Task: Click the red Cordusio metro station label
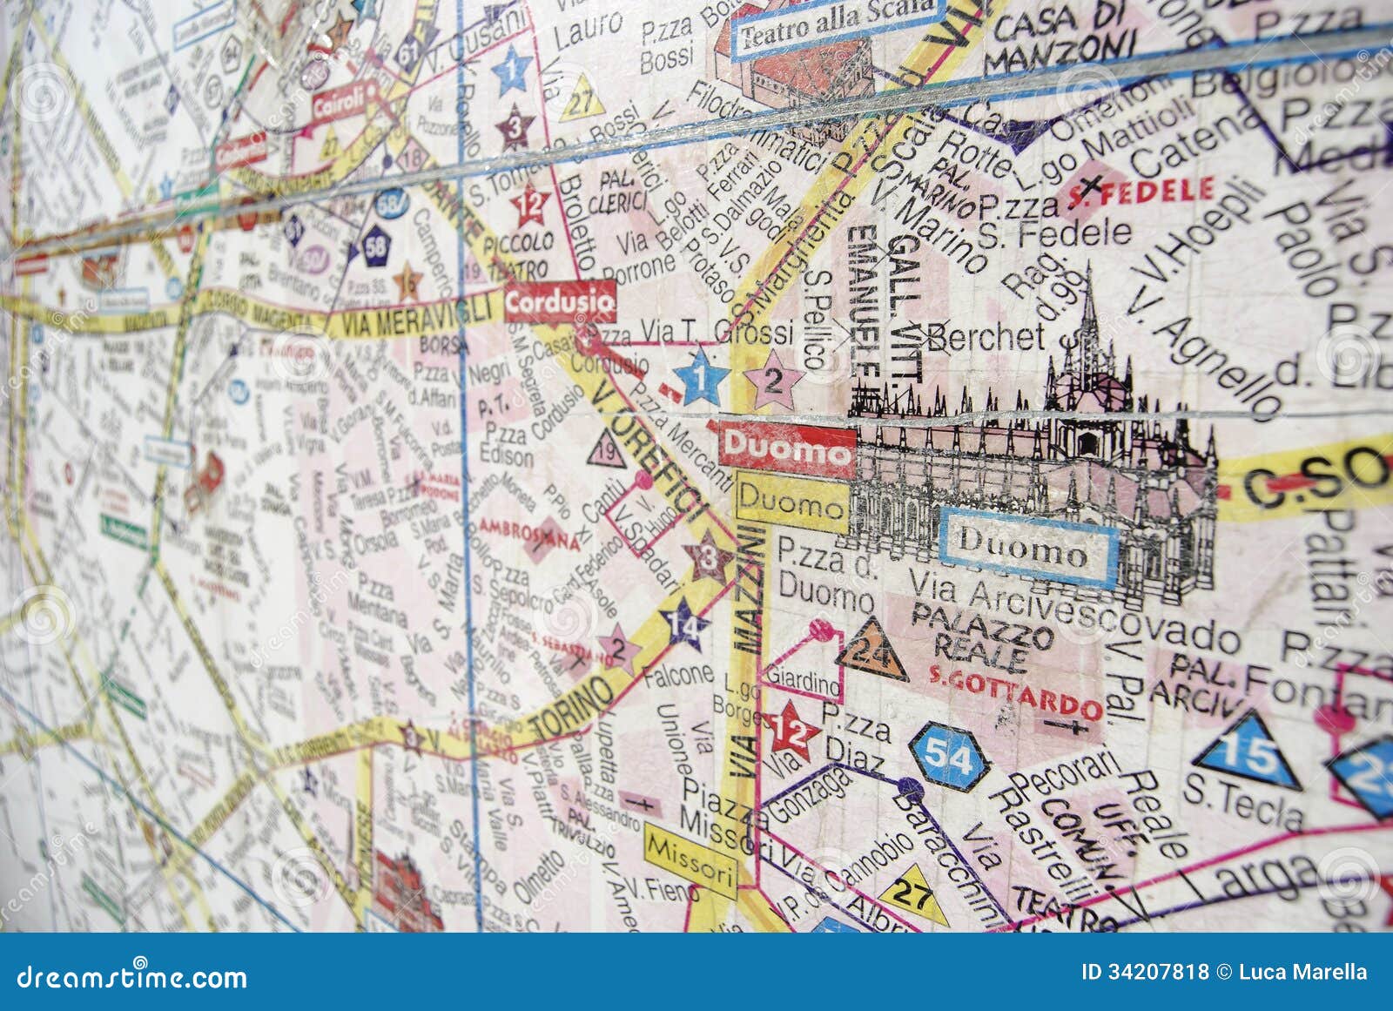click(559, 303)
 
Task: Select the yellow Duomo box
click(791, 503)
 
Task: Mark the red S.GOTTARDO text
click(1014, 692)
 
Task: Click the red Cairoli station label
click(339, 104)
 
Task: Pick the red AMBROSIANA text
click(529, 534)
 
